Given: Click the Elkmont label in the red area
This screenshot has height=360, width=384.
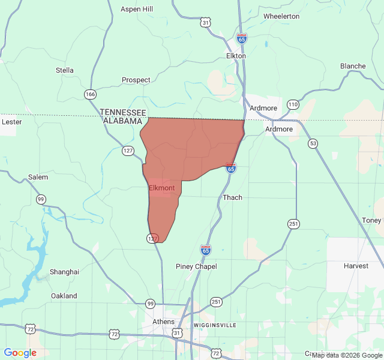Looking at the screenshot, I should (161, 188).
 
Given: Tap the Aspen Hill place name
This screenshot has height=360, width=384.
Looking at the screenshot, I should (137, 9).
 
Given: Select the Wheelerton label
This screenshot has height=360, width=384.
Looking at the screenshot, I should (281, 16).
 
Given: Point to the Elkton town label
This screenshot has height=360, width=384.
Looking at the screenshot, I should (236, 56).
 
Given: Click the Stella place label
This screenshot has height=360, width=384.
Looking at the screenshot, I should (65, 70).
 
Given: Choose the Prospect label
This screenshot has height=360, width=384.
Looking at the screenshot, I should (136, 80).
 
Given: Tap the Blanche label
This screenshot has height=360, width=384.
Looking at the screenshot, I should (353, 66).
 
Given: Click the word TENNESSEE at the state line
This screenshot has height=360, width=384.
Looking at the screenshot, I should (123, 112).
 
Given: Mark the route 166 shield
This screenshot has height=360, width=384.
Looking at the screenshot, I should (91, 94).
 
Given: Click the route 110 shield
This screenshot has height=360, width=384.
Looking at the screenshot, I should (292, 104).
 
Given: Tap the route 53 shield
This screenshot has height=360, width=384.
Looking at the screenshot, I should (313, 143).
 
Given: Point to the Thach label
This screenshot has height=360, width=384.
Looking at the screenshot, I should (232, 197).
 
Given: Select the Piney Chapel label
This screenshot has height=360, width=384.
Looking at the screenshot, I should (196, 266).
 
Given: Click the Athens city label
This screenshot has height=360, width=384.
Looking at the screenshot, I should (164, 322).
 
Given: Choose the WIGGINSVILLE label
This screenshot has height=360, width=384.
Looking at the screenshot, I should (215, 325).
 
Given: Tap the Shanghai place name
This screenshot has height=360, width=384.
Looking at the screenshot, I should (64, 272).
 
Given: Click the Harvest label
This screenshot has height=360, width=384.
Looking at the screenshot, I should (356, 265).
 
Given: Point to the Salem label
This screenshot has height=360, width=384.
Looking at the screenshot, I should (38, 177).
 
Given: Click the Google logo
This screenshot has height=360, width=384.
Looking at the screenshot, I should (20, 353).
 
